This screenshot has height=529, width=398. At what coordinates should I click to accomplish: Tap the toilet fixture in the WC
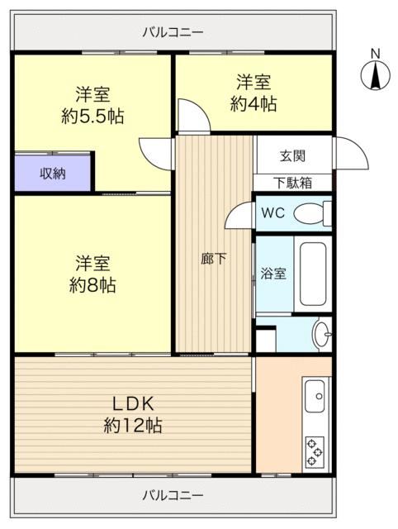pyautogui.click(x=312, y=213)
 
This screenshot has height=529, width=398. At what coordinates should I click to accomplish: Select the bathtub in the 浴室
pyautogui.click(x=313, y=274)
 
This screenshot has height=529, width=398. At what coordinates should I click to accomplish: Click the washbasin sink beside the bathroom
pyautogui.click(x=321, y=334)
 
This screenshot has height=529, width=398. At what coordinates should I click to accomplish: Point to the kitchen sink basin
pyautogui.click(x=315, y=396)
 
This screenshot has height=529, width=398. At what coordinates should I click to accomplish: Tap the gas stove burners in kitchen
pyautogui.click(x=315, y=452)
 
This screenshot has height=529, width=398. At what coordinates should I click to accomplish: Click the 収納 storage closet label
pyautogui.click(x=53, y=174)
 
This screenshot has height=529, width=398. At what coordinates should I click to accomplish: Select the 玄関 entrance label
pyautogui.click(x=292, y=156)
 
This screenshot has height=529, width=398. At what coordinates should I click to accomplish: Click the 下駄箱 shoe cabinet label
pyautogui.click(x=292, y=183)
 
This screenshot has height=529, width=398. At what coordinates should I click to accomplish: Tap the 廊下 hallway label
pyautogui.click(x=214, y=259)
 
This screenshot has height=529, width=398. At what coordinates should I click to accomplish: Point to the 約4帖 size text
pyautogui.click(x=253, y=103)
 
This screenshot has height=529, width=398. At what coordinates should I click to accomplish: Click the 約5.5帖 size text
pyautogui.click(x=92, y=117)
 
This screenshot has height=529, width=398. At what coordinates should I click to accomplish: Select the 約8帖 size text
pyautogui.click(x=92, y=285)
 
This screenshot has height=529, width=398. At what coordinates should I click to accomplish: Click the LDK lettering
pyautogui.click(x=133, y=404)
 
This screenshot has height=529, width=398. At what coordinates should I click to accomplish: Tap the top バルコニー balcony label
pyautogui.click(x=173, y=32)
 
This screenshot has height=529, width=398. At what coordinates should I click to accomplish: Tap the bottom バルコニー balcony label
pyautogui.click(x=173, y=495)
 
